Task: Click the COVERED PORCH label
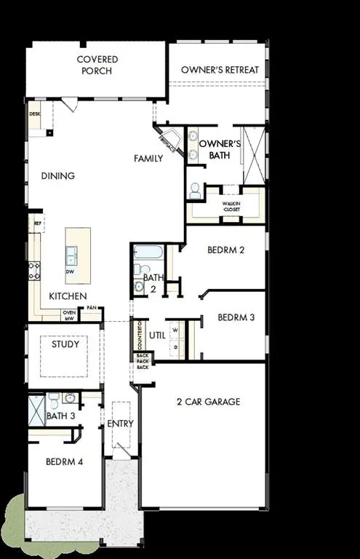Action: click(97, 65)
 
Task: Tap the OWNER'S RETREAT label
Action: click(220, 70)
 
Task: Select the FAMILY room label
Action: click(148, 158)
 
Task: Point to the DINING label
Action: click(58, 175)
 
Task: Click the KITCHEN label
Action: click(68, 296)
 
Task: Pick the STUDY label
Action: click(65, 344)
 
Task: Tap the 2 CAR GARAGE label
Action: click(208, 402)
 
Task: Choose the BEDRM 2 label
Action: click(225, 250)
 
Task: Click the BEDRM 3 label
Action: click(236, 317)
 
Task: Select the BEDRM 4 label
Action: click(65, 461)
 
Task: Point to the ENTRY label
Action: click(120, 424)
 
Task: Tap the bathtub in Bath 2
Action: click(148, 253)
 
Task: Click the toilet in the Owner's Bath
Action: click(195, 191)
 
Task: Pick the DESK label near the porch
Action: click(34, 114)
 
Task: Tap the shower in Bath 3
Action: click(36, 410)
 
